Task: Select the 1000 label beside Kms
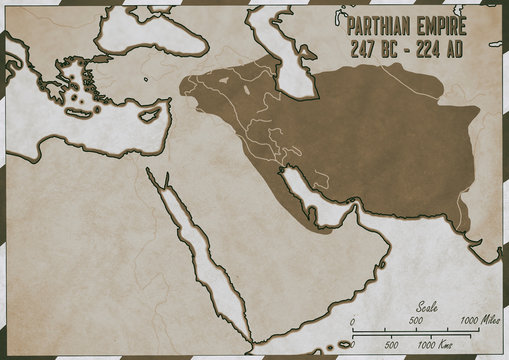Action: coord(424,345)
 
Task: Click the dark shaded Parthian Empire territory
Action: coord(360,130)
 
